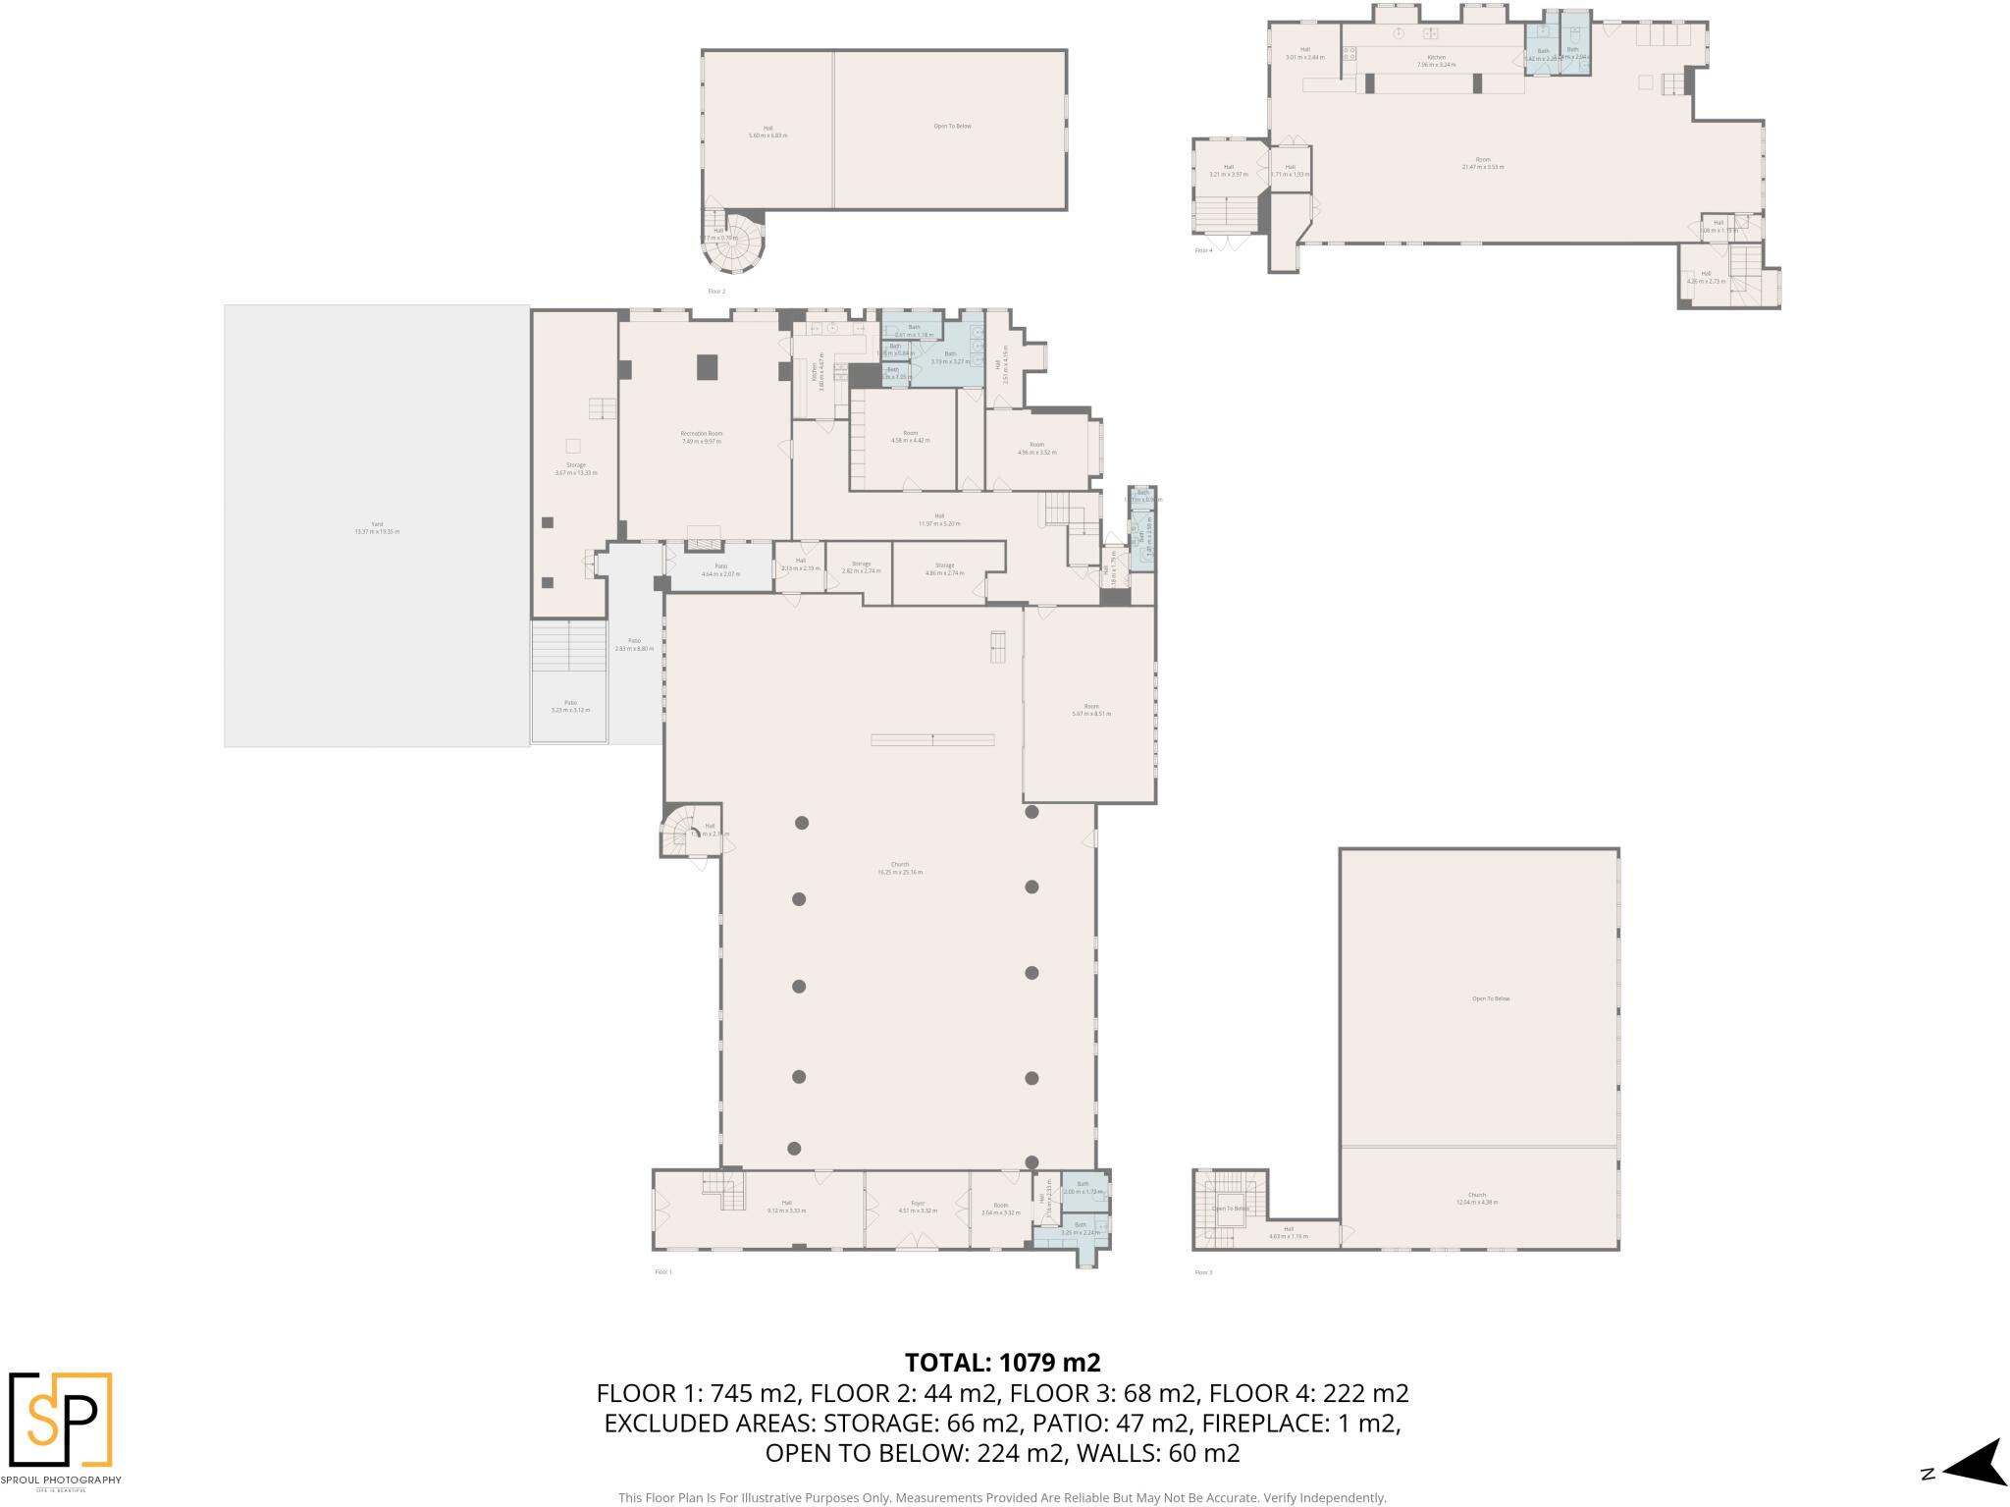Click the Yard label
[x=377, y=527]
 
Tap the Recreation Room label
[x=701, y=437]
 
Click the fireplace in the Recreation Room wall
[x=702, y=542]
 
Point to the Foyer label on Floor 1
[x=918, y=1207]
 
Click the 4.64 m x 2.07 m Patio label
[x=720, y=569]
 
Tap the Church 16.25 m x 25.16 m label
[x=900, y=868]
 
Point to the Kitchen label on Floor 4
[x=1436, y=61]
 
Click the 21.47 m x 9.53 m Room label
[x=1482, y=163]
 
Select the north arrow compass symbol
[x=1971, y=1471]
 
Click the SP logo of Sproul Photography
[x=61, y=1419]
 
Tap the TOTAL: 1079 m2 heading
[x=1002, y=1362]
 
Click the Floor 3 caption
[x=1203, y=1272]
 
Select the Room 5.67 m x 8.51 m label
[x=1091, y=710]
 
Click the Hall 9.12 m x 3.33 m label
[x=786, y=1207]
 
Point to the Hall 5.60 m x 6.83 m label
[x=767, y=132]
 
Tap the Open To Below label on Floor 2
[x=952, y=127]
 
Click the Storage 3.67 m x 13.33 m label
[x=575, y=468]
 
